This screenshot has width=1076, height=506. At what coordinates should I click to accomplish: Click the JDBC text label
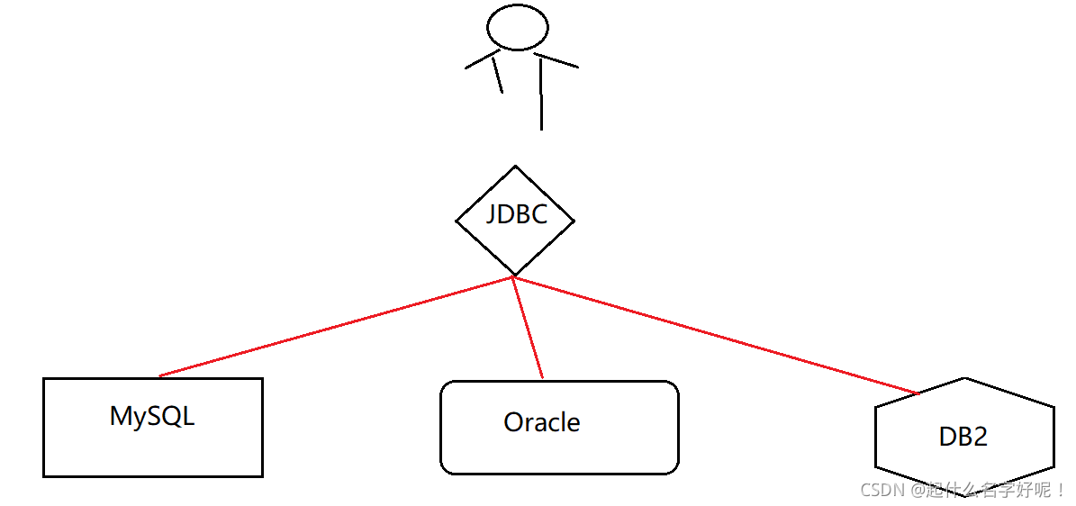click(516, 215)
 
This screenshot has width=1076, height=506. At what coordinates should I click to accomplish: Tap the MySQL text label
click(151, 416)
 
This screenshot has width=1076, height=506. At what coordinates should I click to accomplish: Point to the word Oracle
click(541, 422)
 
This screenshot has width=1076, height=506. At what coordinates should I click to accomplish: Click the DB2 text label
click(963, 437)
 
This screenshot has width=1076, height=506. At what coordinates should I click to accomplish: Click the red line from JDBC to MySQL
click(333, 326)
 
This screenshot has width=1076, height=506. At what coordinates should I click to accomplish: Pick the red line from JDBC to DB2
click(720, 336)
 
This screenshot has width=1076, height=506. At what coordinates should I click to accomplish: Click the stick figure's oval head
click(517, 27)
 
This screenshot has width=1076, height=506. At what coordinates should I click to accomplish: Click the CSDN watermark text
click(963, 491)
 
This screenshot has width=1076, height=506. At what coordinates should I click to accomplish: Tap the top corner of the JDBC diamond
click(515, 167)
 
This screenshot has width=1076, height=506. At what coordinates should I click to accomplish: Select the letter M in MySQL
click(121, 416)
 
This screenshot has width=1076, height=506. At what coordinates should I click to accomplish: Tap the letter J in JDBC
click(492, 216)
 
